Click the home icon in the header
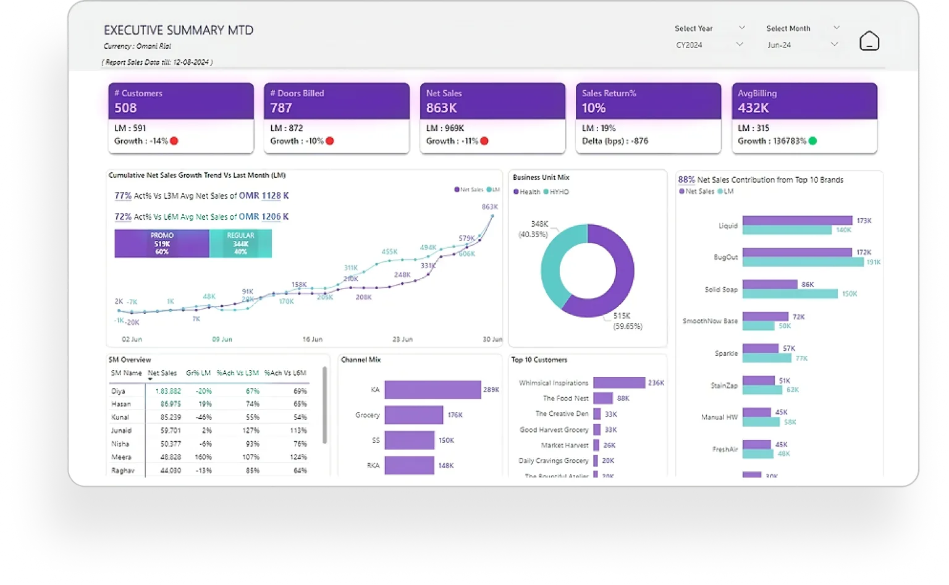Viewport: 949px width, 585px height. [869, 41]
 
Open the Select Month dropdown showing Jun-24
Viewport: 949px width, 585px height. [803, 44]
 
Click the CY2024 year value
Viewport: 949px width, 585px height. [690, 45]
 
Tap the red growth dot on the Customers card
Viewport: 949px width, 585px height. [174, 141]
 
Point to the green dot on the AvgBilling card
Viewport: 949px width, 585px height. [812, 141]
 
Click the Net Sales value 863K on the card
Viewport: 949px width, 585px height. [441, 108]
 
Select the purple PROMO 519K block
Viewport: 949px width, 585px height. [162, 243]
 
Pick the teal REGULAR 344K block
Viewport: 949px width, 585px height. [240, 243]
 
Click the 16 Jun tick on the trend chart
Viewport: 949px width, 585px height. [312, 339]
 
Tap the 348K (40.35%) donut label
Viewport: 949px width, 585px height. [533, 229]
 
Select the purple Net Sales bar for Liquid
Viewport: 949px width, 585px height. [797, 221]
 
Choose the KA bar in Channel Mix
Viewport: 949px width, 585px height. [432, 390]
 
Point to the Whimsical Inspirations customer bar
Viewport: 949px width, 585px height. [618, 383]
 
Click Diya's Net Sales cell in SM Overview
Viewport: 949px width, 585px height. [167, 391]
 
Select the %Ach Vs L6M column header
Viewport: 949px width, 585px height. [285, 373]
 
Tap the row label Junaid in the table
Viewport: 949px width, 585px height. [121, 431]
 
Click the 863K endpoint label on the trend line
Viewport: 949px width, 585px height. [489, 207]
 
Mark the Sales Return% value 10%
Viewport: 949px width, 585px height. [594, 108]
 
